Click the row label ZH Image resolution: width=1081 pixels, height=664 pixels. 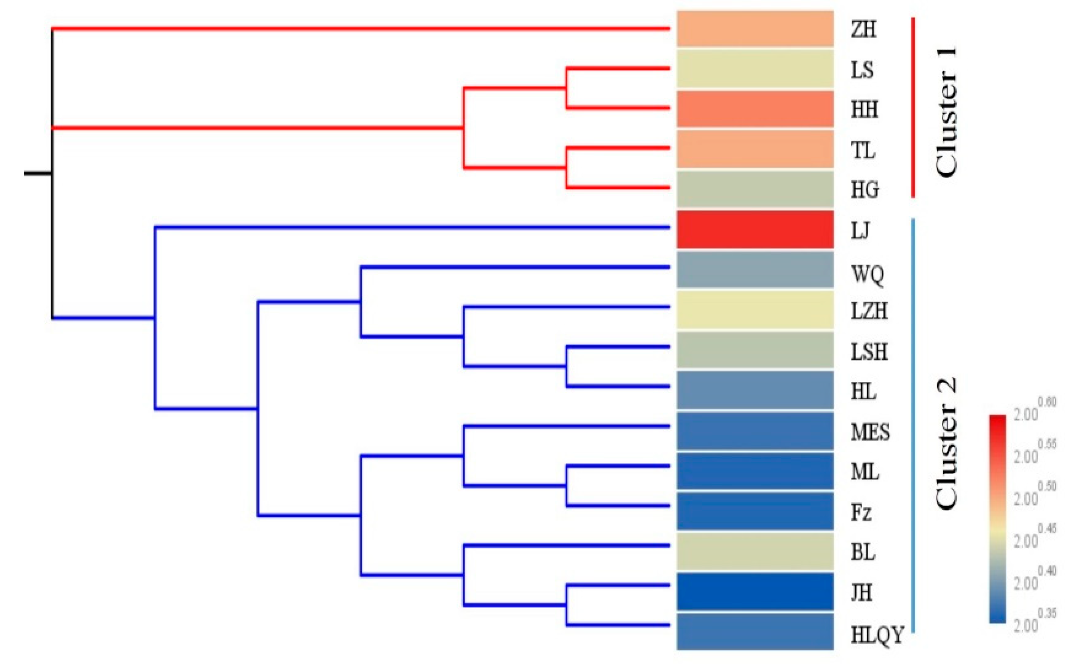[863, 29]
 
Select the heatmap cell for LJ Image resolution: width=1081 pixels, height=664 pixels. [754, 230]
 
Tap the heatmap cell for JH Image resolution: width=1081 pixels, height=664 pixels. [754, 591]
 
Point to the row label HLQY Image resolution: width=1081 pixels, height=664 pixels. [877, 635]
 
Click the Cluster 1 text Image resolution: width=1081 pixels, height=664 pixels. [946, 111]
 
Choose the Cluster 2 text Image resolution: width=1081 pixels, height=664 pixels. [946, 443]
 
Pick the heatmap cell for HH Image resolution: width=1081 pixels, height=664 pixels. [754, 109]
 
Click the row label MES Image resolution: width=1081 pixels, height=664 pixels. [870, 432]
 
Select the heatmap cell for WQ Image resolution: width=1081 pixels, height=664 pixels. [754, 269]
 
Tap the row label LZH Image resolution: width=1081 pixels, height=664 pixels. [869, 311]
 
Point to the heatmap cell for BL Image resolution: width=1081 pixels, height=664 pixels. [754, 551]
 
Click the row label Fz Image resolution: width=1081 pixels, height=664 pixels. [861, 512]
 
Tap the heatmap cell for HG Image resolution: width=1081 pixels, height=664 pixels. [754, 189]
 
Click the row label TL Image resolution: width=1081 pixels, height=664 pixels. [863, 151]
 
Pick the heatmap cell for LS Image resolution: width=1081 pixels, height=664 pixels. [754, 69]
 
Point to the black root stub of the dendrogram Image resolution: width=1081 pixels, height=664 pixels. [38, 173]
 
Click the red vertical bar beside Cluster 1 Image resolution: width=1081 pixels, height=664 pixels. [913, 107]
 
